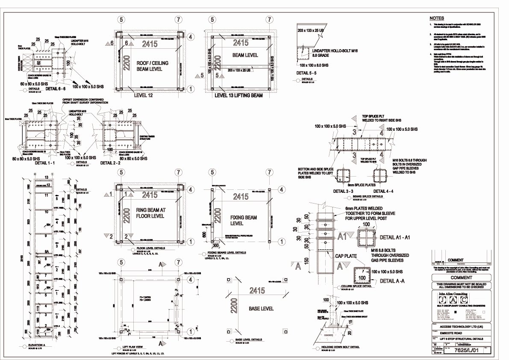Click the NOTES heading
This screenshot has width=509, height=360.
click(x=437, y=18)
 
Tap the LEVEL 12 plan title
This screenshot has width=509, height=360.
click(x=144, y=95)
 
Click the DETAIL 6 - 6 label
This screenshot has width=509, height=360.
click(x=57, y=89)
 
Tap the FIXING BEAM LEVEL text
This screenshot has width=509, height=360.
click(x=244, y=221)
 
